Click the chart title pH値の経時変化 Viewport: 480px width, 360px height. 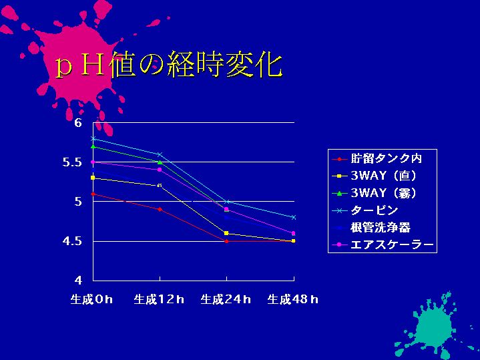[x=169, y=65]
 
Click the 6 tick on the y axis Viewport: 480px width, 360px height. [x=78, y=123]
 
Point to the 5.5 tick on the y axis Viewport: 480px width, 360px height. [x=72, y=162]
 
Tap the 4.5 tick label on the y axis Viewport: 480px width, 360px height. [x=72, y=241]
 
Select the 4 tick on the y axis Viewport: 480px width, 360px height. [x=78, y=281]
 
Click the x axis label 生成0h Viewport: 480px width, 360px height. [x=91, y=299]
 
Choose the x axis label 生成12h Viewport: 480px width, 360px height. [x=159, y=299]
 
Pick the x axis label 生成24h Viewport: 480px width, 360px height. [x=226, y=299]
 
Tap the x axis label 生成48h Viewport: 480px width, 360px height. [x=292, y=299]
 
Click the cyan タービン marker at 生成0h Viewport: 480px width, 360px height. [x=93, y=138]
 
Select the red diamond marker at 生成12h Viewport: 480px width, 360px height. [x=160, y=210]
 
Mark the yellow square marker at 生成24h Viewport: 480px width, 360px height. [x=226, y=234]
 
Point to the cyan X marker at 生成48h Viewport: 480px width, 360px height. [x=294, y=218]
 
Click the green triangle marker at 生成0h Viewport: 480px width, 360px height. [x=93, y=146]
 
